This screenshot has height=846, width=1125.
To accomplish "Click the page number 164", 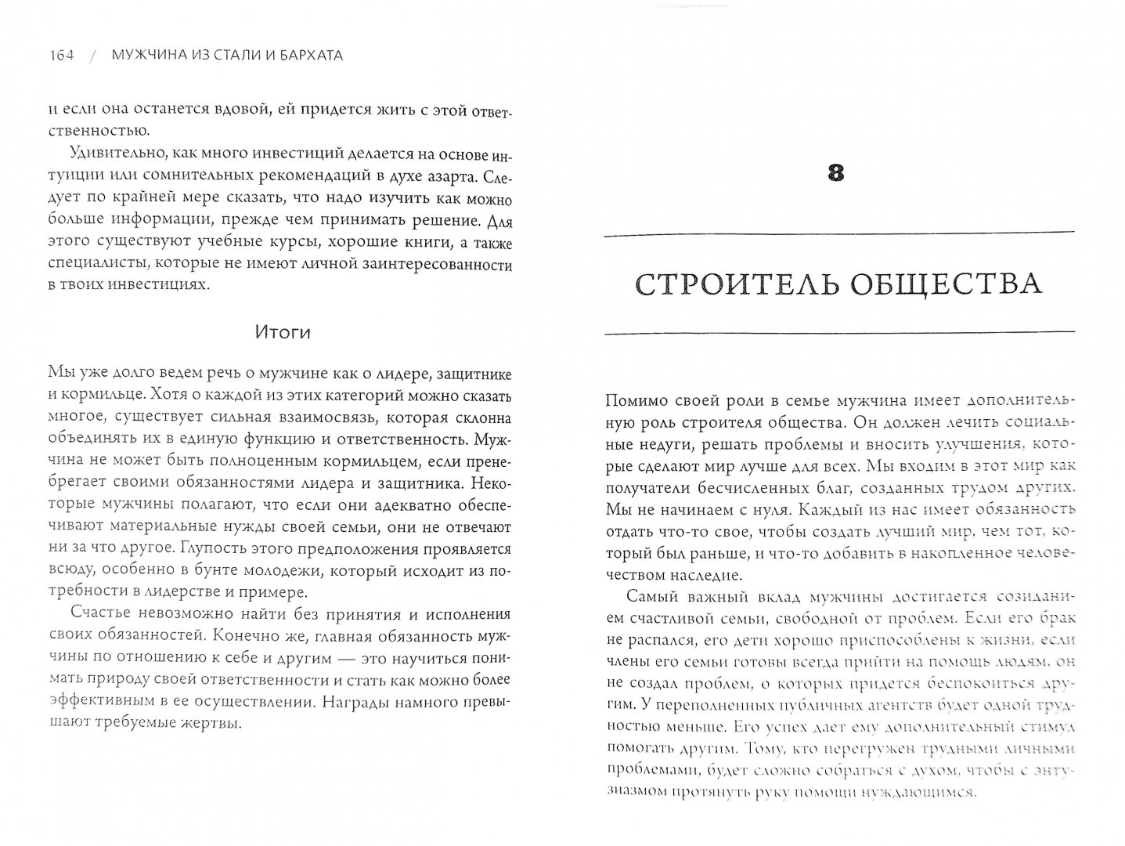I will (60, 56).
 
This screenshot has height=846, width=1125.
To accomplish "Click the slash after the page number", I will (92, 56).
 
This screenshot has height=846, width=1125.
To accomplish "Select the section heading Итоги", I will (283, 332).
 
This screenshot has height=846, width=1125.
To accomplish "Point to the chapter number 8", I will (836, 173).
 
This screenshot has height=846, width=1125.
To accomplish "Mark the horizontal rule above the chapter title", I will (839, 232).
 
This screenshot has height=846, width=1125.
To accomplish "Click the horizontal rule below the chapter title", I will (839, 334).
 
